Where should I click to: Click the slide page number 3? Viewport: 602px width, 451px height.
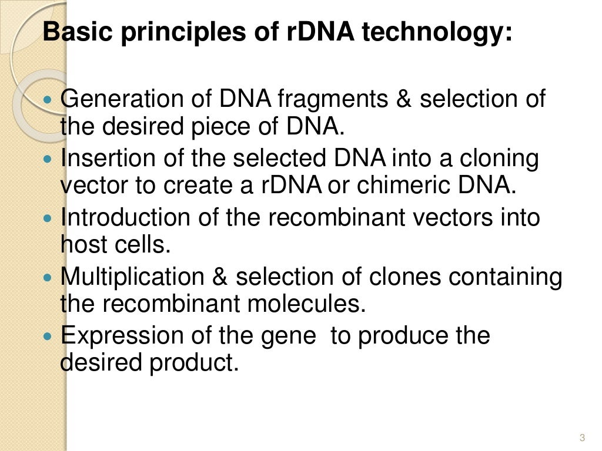tap(582, 437)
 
